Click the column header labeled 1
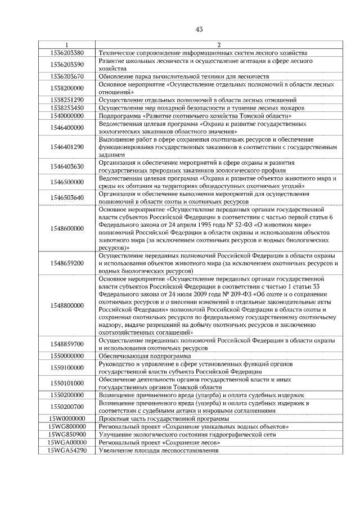point(66,45)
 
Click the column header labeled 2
point(218,45)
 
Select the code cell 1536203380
point(66,52)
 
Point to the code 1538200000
point(66,88)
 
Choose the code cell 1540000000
point(66,115)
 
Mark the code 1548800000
point(66,305)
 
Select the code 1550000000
point(66,357)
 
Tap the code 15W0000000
point(66,419)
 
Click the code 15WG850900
point(66,435)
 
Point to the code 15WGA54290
point(66,451)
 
